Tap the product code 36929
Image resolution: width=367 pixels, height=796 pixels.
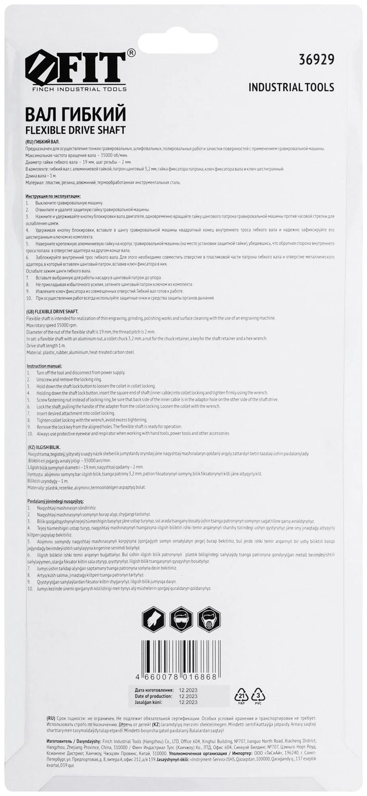tap(316, 59)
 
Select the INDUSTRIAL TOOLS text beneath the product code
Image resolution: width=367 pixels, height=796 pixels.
tap(291, 87)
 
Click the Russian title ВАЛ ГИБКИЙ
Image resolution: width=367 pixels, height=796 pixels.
tap(76, 114)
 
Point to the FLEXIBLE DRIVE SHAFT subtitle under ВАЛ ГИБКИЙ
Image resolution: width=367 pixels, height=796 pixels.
tap(75, 130)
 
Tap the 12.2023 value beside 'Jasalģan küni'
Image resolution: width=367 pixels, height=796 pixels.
tap(188, 702)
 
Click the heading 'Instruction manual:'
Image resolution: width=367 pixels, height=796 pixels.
tap(45, 366)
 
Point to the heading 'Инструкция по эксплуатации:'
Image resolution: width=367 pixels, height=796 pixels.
tap(53, 196)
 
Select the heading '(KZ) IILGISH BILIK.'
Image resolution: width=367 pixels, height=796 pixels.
tap(44, 447)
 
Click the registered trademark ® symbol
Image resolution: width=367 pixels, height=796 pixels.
tap(131, 53)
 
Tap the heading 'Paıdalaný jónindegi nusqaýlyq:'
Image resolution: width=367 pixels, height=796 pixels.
tap(55, 501)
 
